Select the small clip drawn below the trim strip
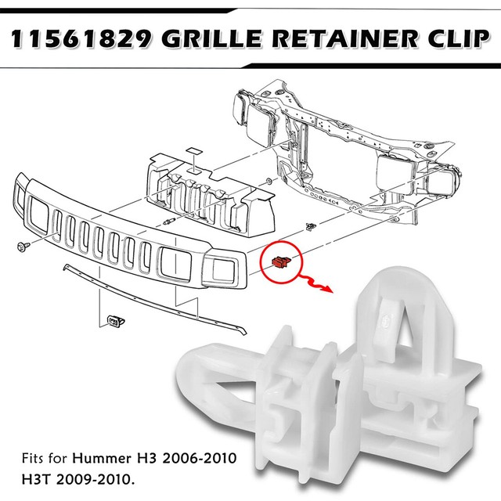click(x=114, y=319)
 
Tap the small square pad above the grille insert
click(x=190, y=148)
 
